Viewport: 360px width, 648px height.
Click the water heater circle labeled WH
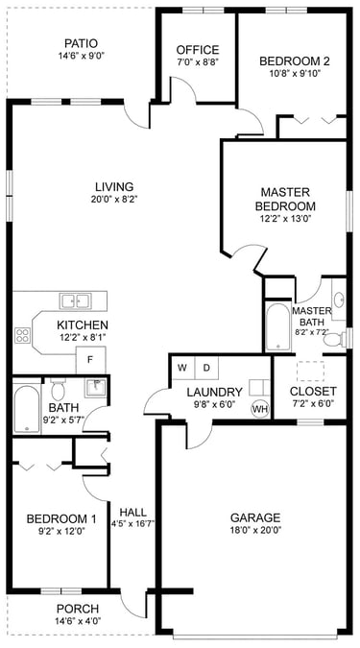click(260, 409)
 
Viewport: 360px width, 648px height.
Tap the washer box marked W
click(181, 367)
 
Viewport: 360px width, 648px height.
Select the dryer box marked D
click(206, 367)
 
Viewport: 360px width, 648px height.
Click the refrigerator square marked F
click(90, 360)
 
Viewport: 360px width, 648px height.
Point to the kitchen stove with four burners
click(22, 335)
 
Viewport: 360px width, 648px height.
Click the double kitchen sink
click(75, 300)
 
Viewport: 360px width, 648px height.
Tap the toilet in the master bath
click(335, 339)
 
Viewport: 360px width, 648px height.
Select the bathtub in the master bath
click(277, 327)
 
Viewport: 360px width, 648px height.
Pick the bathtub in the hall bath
click(26, 409)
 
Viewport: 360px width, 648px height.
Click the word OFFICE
click(198, 50)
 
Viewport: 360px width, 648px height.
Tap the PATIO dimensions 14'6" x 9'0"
click(81, 56)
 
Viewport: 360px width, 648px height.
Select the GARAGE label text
click(255, 517)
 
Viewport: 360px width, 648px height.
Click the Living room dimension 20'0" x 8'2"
click(114, 199)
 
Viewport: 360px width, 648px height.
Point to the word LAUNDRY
click(214, 392)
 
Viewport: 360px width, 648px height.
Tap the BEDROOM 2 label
click(295, 61)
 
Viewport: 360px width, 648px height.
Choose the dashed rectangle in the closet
click(310, 371)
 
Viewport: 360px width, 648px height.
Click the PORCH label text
click(78, 609)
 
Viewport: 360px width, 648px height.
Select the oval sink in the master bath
click(339, 300)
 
